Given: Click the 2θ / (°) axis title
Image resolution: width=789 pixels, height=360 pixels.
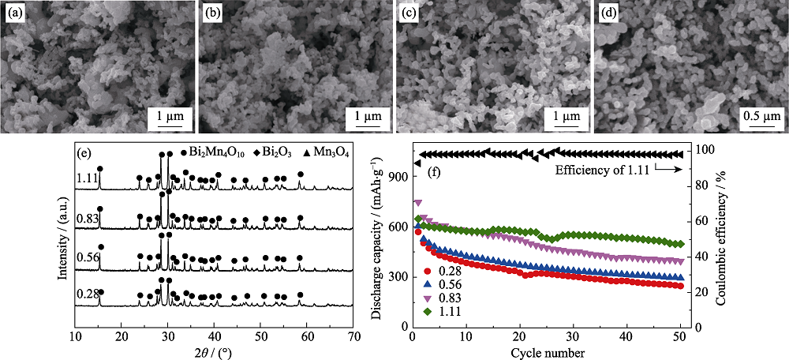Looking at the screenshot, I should coord(214,351).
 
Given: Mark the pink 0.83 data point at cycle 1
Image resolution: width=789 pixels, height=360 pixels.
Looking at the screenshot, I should coord(417,203).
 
